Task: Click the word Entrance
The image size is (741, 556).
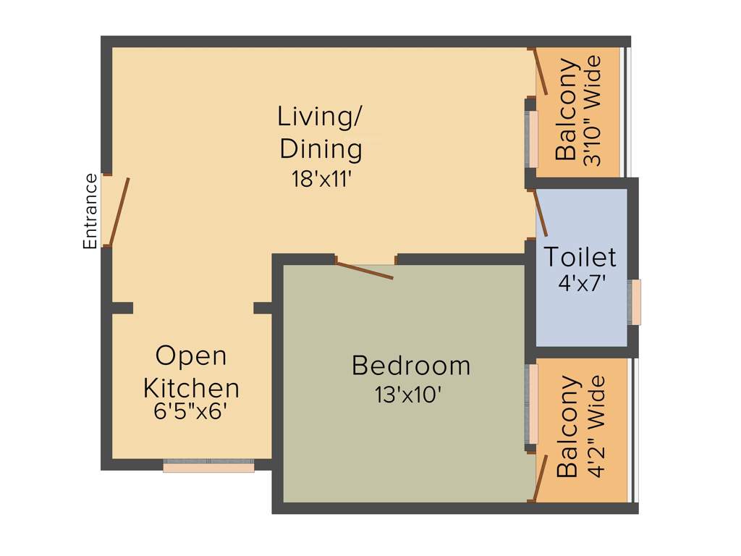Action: coord(90,211)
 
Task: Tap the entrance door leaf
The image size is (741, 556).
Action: coord(119,211)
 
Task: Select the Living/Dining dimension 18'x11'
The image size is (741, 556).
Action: coord(321,179)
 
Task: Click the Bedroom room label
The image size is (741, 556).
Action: coord(411,366)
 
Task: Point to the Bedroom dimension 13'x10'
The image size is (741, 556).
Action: coord(408,395)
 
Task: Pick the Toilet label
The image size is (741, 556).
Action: coord(580,257)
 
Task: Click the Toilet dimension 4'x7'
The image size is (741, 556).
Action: coord(581,282)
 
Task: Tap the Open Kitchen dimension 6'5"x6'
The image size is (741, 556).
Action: coord(191,411)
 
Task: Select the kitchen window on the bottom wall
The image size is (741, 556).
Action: coord(208,467)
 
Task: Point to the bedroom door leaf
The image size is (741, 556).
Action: coord(365,270)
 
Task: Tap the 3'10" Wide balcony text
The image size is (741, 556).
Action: coord(593,111)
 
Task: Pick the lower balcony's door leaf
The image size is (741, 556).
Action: coord(540,476)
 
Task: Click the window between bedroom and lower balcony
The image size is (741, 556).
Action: coord(533,403)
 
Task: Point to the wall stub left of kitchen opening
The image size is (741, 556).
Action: coord(122,308)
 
